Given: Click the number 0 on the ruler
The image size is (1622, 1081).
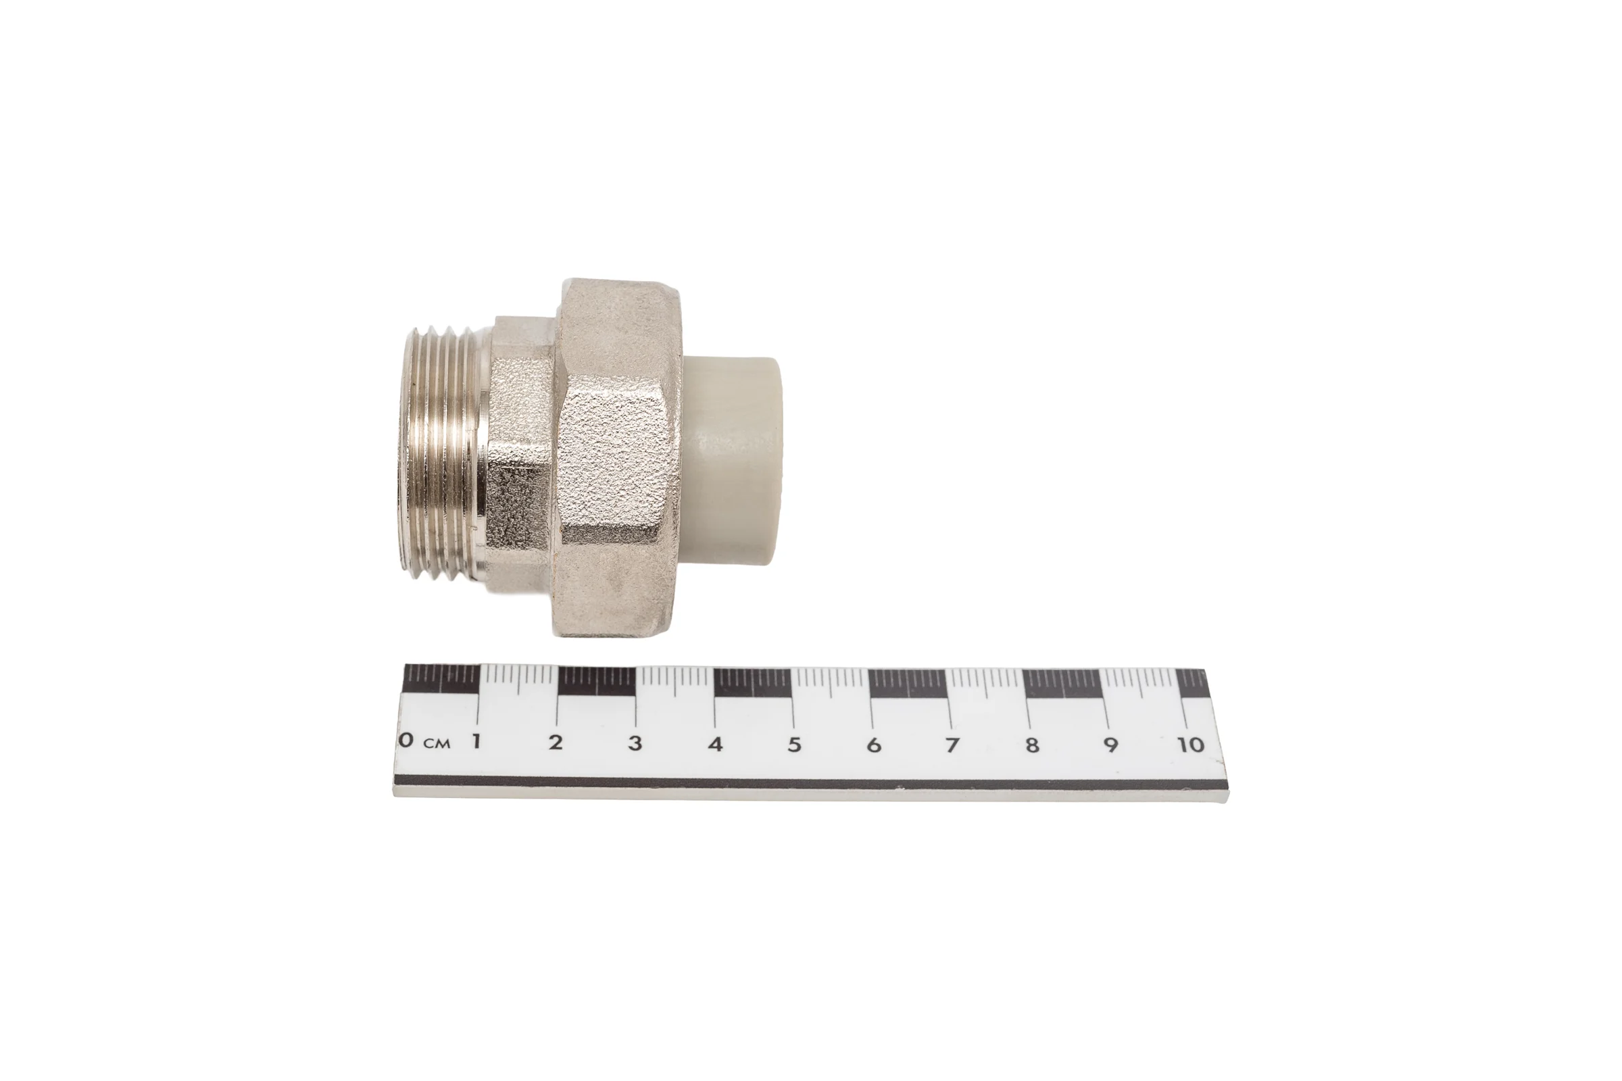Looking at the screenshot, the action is pyautogui.click(x=407, y=740).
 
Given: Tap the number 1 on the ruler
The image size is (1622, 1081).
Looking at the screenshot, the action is pyautogui.click(x=475, y=742).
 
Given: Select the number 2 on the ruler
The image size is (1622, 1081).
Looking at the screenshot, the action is pyautogui.click(x=555, y=743).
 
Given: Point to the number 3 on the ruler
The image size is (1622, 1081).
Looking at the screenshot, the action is pyautogui.click(x=635, y=743).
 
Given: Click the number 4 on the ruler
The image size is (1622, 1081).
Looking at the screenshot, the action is pyautogui.click(x=715, y=744).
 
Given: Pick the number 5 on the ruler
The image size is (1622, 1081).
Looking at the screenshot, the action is pyautogui.click(x=795, y=745).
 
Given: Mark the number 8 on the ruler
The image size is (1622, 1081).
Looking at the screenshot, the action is pyautogui.click(x=1032, y=745).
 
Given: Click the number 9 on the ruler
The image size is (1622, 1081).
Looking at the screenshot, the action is pyautogui.click(x=1110, y=745).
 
